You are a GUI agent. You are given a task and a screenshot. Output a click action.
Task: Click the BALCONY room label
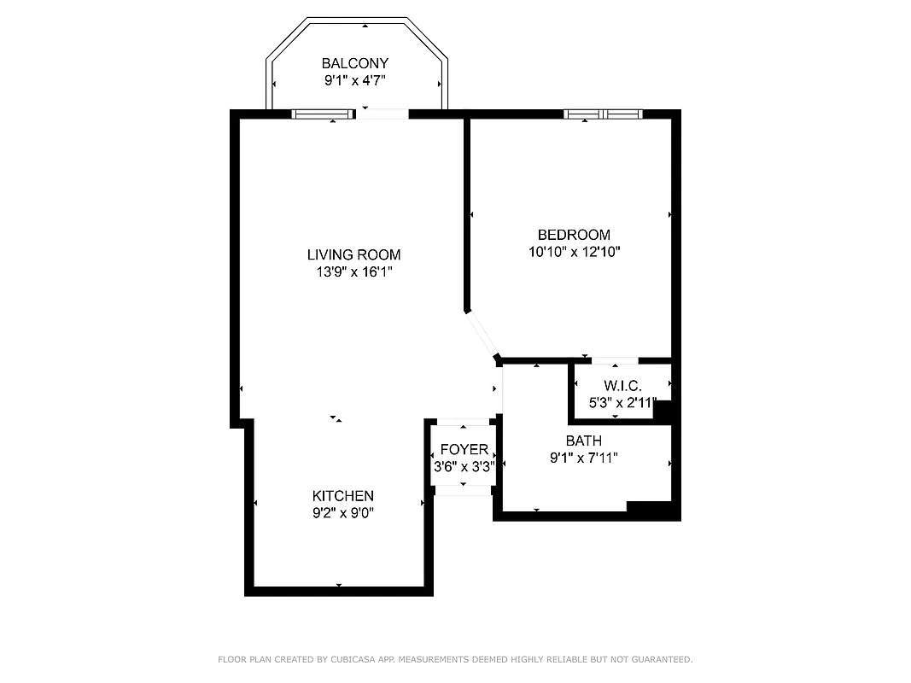(x=354, y=63)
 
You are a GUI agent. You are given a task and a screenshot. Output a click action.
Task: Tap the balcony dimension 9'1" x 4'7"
(x=354, y=81)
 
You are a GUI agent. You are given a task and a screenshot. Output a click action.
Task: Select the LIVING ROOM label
(x=353, y=254)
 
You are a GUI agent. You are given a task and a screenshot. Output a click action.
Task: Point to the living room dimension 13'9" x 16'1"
(x=353, y=272)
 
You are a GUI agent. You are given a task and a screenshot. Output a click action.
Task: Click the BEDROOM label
(x=574, y=235)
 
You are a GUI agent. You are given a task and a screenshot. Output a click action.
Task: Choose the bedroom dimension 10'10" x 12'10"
(x=574, y=252)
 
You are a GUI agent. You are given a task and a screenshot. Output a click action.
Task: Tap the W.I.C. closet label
(x=622, y=387)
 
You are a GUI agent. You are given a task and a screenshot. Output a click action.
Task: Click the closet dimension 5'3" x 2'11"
(x=622, y=403)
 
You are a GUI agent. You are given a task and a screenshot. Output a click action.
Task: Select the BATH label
(x=583, y=441)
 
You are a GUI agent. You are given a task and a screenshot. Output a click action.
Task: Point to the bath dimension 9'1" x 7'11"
(x=583, y=458)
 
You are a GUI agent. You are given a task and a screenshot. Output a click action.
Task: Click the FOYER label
(x=464, y=450)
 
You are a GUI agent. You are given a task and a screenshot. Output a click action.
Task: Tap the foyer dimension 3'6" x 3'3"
(x=464, y=467)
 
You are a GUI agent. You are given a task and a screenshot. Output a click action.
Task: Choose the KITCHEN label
(x=342, y=496)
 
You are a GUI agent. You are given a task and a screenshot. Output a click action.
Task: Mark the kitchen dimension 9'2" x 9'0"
(x=342, y=513)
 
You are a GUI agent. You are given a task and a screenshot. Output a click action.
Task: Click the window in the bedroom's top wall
(x=603, y=114)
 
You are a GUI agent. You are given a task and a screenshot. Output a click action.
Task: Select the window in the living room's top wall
(x=324, y=114)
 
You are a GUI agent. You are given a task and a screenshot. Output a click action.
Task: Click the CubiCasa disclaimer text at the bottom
(x=455, y=659)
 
